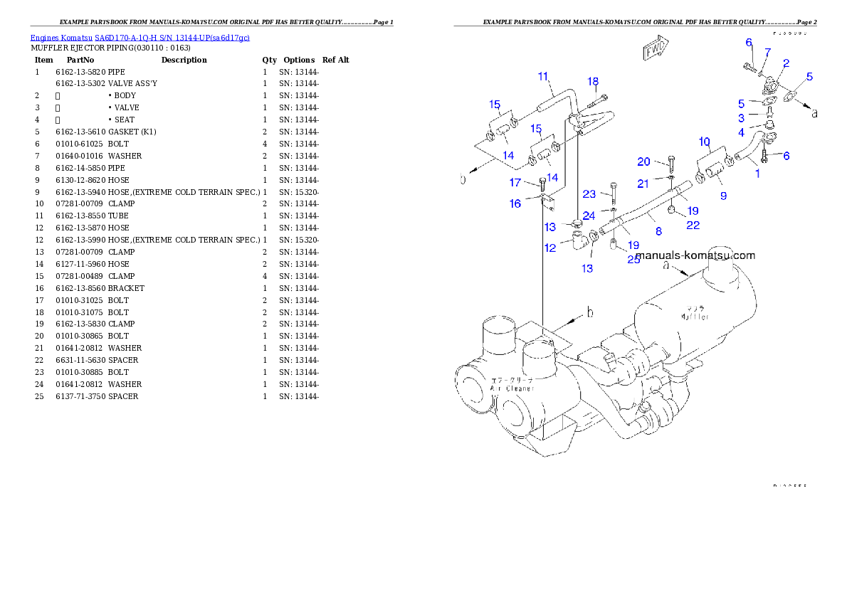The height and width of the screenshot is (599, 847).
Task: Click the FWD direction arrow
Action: point(654,49)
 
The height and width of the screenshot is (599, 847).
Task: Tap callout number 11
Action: point(543,76)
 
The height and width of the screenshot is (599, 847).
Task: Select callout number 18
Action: point(593,82)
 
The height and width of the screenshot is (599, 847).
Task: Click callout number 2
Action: point(786,63)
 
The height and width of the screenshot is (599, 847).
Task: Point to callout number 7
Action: point(767,53)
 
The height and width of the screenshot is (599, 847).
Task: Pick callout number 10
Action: point(704,141)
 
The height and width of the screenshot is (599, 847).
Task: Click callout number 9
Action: point(723,195)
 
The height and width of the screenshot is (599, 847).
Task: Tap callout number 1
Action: point(757,174)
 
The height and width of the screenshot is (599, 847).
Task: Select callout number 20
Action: point(643,161)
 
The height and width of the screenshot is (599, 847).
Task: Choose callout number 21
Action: point(643,184)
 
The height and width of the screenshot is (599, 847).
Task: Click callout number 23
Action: point(589,194)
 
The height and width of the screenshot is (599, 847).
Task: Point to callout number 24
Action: point(589,216)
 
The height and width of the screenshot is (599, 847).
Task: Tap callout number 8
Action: point(658,231)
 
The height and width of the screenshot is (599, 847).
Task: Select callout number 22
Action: point(693,225)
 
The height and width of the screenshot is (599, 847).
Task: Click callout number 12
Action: point(550,248)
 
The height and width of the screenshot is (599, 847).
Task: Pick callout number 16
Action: point(515,203)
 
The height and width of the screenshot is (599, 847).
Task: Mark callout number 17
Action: point(515,183)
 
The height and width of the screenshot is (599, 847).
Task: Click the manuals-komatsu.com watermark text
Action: point(695,255)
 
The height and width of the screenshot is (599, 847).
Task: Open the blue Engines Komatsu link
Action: point(140,37)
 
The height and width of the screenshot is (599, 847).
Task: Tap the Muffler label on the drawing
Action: point(694,317)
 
